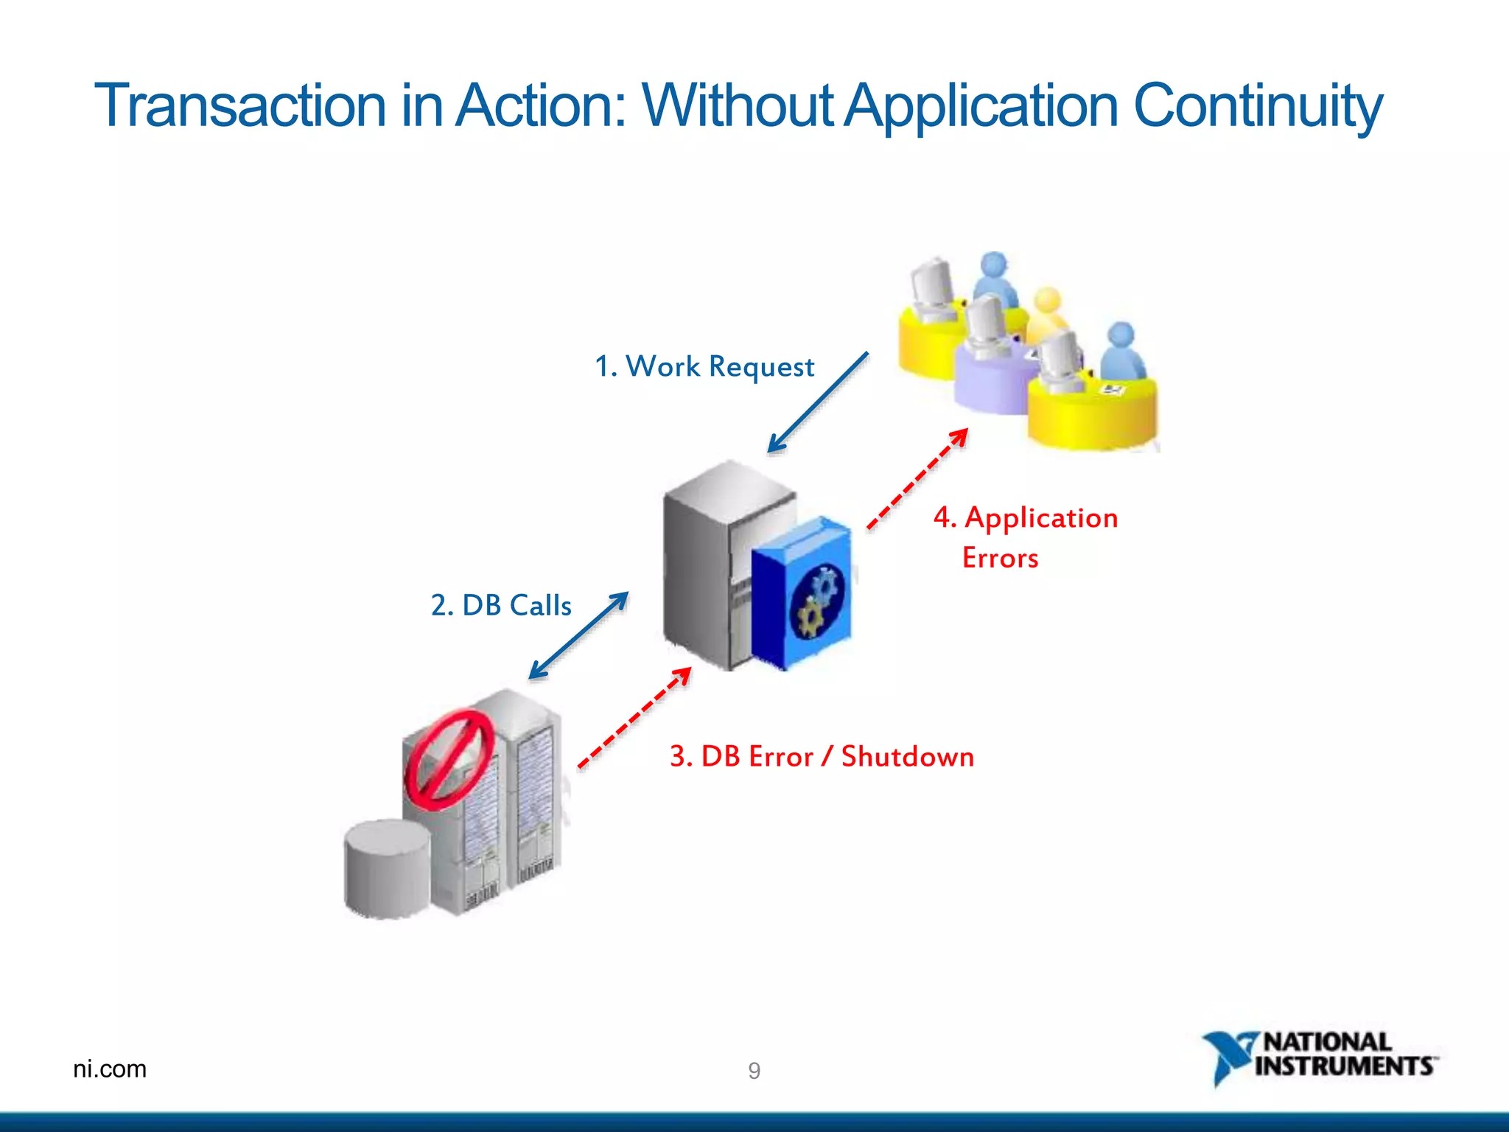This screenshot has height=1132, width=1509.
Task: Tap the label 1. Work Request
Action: [704, 366]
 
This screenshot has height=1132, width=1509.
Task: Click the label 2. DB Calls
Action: [501, 605]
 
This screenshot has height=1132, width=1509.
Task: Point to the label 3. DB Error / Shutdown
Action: [822, 757]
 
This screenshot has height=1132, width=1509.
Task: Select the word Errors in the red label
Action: [1001, 558]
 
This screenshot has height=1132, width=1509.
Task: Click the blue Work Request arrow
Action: [818, 402]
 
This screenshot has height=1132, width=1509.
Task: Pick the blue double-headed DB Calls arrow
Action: [578, 635]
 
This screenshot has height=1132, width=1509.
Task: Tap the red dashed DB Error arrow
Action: [634, 717]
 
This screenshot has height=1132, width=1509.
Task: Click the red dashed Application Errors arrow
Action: [917, 478]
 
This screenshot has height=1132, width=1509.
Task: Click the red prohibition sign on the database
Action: [449, 760]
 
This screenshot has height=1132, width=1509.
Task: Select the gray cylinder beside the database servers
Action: [387, 869]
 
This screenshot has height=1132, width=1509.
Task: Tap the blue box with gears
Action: [802, 593]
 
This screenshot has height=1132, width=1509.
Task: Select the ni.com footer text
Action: [110, 1069]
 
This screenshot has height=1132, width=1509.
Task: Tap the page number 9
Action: [754, 1071]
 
